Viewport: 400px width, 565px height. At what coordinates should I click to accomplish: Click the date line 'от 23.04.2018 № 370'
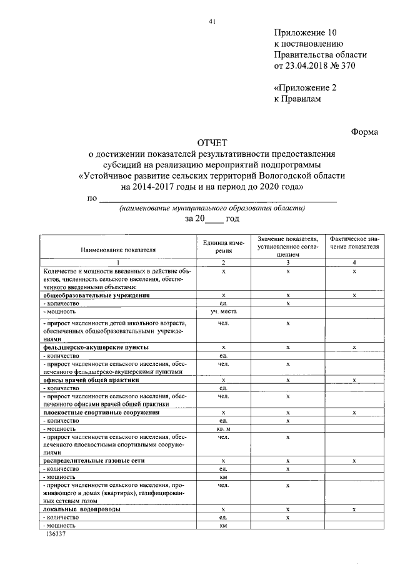pyautogui.click(x=314, y=66)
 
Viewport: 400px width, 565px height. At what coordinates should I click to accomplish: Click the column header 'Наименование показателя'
pyautogui.click(x=117, y=250)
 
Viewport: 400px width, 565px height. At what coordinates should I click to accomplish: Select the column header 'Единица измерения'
pyautogui.click(x=223, y=246)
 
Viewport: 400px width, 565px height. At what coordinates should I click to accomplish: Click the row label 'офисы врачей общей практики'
pyautogui.click(x=90, y=380)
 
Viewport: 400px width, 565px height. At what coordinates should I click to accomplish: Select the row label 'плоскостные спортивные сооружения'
pyautogui.click(x=101, y=413)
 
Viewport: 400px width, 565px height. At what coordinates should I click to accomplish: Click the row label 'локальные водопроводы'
pyautogui.click(x=81, y=509)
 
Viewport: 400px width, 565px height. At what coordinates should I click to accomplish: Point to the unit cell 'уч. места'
pyautogui.click(x=223, y=311)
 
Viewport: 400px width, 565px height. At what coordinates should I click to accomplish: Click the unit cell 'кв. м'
pyautogui.click(x=223, y=429)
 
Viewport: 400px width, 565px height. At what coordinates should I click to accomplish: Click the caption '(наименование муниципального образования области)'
pyautogui.click(x=212, y=208)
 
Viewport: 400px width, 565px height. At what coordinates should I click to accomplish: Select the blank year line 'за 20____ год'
pyautogui.click(x=212, y=219)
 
